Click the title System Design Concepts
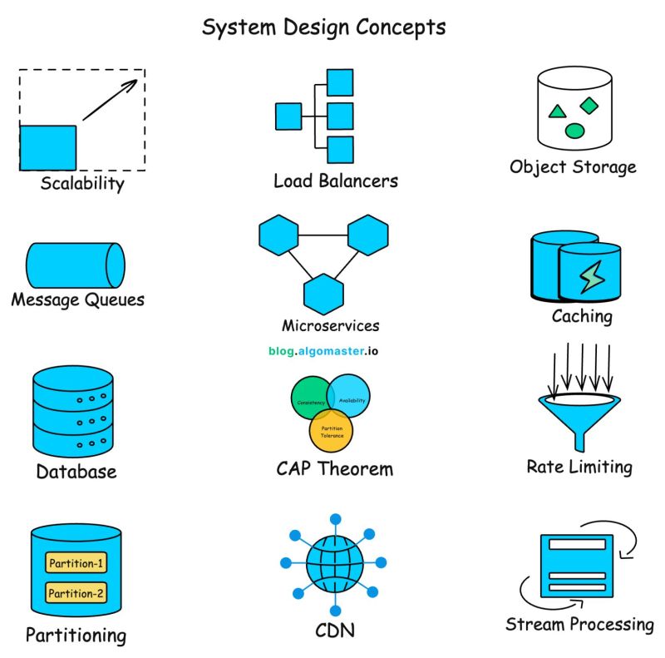coord(324,27)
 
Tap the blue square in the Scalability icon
coord(48,147)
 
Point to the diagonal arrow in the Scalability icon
coord(110,100)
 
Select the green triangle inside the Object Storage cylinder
coord(558,111)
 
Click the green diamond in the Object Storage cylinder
coord(589,105)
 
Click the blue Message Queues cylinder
coord(75,265)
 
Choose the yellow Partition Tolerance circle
coord(332,430)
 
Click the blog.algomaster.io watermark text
coord(324,351)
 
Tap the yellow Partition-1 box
coord(76,564)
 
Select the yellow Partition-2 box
coord(76,593)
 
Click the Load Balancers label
coord(335,181)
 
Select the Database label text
coord(76,472)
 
